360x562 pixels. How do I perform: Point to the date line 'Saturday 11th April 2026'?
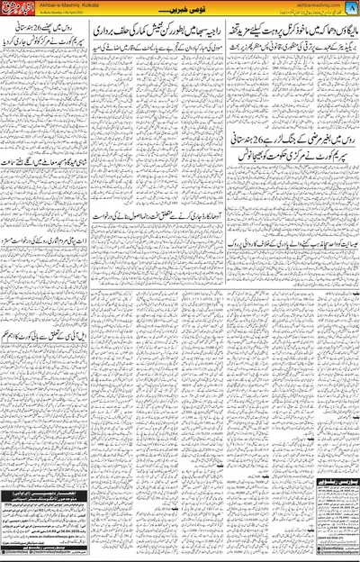point(76,22)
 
